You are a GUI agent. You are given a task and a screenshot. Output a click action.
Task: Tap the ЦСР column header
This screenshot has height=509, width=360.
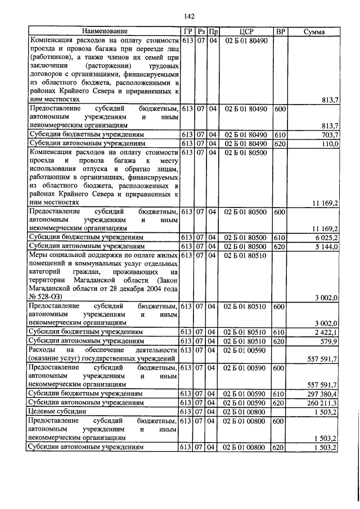(x=247, y=31)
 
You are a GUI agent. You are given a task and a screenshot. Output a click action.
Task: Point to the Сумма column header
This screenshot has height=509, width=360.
(x=314, y=31)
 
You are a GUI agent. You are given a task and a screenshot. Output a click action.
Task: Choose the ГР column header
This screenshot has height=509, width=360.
(x=187, y=31)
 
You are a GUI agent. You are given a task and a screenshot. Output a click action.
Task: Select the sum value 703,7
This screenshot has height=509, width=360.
(x=328, y=135)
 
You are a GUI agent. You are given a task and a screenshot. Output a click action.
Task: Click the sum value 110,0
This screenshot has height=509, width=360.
(x=328, y=144)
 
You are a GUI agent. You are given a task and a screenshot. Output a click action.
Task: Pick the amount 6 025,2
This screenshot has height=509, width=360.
(x=326, y=238)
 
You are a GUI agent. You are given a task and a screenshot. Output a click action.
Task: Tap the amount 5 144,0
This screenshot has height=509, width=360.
(x=326, y=247)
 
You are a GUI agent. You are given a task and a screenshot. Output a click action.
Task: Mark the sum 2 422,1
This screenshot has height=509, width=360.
(x=326, y=332)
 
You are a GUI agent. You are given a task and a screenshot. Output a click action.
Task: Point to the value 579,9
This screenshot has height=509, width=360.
(x=328, y=341)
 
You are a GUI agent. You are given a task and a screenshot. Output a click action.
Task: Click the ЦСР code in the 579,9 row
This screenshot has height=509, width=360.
(x=247, y=341)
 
